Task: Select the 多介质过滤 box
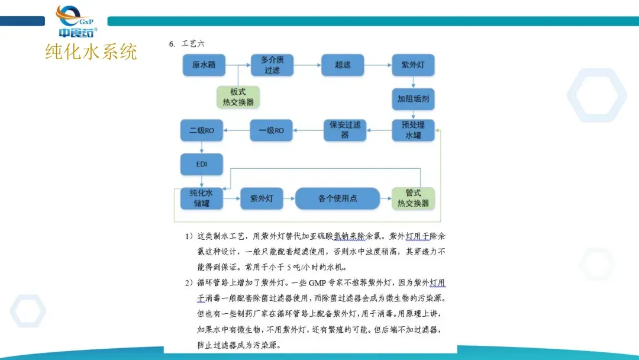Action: click(x=272, y=65)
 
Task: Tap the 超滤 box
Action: click(x=343, y=65)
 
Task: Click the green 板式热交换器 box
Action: click(x=238, y=97)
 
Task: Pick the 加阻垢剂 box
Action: click(x=413, y=99)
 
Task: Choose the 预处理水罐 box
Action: click(x=413, y=130)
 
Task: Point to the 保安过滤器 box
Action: click(x=344, y=130)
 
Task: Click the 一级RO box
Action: click(x=271, y=130)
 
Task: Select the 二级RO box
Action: click(x=202, y=130)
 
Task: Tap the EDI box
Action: click(x=202, y=164)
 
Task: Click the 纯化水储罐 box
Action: click(x=202, y=198)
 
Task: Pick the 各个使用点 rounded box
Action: click(x=337, y=198)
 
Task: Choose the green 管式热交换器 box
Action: click(x=413, y=198)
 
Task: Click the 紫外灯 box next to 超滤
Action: click(x=413, y=65)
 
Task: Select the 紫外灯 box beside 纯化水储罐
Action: click(x=262, y=198)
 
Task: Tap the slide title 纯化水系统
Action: click(x=91, y=52)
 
